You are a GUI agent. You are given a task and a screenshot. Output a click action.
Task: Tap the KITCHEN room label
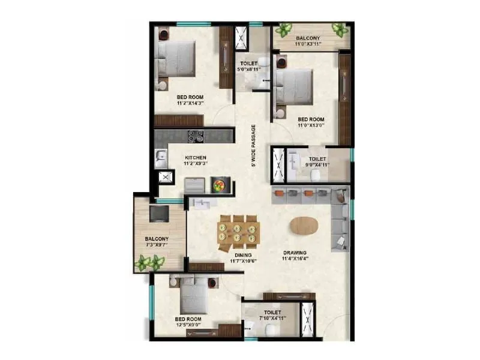196,158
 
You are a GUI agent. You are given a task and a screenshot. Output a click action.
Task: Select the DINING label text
243,255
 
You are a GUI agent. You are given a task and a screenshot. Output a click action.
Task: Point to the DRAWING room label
295,253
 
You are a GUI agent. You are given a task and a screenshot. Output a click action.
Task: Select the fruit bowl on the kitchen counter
218,185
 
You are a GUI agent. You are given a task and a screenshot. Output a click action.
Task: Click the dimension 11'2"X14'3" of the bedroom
190,103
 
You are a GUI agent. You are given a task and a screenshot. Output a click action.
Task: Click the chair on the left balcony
159,213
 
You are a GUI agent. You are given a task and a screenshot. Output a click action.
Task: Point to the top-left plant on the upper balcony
283,30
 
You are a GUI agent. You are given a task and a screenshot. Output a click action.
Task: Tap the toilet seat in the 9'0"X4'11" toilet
316,174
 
